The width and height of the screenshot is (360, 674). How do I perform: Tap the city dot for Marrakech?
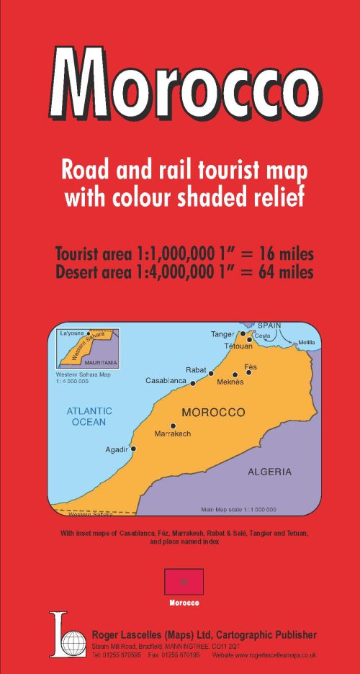[x=173, y=426]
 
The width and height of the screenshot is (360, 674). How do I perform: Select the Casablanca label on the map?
[x=166, y=380]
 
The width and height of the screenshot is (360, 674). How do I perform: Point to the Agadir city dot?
[x=133, y=448]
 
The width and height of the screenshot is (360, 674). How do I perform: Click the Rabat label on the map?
[x=196, y=369]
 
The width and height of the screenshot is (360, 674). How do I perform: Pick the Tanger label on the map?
[x=222, y=334]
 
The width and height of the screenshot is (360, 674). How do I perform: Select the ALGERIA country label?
[x=269, y=472]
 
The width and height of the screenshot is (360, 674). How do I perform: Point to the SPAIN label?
[x=269, y=325]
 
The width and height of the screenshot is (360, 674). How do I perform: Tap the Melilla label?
[x=307, y=341]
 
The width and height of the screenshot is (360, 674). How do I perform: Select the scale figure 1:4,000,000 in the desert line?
[x=176, y=273]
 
